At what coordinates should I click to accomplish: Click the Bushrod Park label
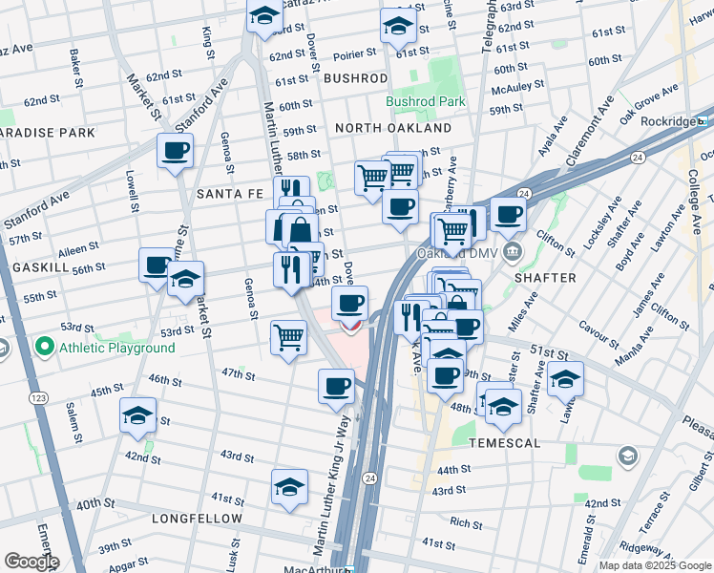pos(425,101)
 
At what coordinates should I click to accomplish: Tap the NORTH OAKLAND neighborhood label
pos(392,128)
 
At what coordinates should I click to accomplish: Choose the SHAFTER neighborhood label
pos(545,278)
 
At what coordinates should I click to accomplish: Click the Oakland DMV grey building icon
pos(513,253)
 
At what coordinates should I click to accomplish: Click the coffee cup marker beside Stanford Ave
pos(176,151)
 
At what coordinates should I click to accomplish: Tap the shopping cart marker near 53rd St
pos(288,337)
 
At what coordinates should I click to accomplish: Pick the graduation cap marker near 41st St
pos(289,486)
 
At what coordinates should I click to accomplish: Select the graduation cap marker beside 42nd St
pos(137,415)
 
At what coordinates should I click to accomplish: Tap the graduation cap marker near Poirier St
pos(398,27)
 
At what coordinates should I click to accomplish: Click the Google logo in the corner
pos(31,562)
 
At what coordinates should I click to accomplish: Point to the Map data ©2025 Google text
pos(654,565)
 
